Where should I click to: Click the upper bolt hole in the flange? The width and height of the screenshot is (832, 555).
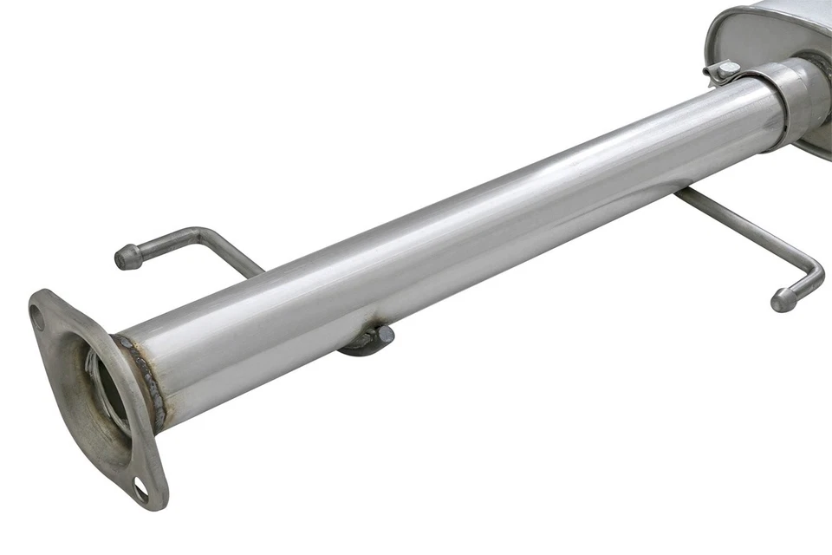click(x=37, y=318)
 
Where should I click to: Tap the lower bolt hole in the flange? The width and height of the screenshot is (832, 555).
click(x=140, y=491)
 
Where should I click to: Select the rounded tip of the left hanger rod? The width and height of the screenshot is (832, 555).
click(x=127, y=258)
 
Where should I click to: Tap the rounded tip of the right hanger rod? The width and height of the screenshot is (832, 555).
click(x=783, y=300)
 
